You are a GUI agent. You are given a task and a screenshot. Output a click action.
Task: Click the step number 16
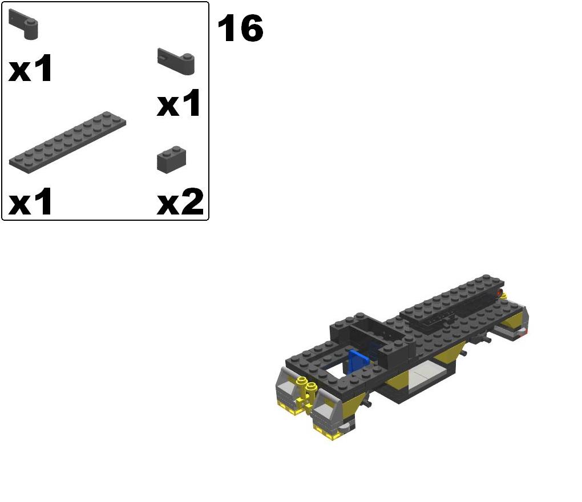coord(241,28)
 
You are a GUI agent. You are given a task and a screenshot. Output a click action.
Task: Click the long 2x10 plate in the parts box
coord(67,141)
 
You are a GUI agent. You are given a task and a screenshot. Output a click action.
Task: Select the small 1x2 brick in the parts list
coord(172,160)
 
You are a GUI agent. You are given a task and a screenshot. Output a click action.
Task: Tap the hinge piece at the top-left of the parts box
coord(23,25)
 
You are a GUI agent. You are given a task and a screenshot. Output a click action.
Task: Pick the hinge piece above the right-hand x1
coord(176,61)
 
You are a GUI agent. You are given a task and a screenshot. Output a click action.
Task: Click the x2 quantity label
coord(180,201)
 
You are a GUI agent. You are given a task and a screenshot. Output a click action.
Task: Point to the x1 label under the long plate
coord(30,201)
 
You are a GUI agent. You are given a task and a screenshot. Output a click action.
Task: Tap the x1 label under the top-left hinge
coord(30,68)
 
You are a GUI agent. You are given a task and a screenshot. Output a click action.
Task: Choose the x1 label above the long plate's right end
coord(179,103)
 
